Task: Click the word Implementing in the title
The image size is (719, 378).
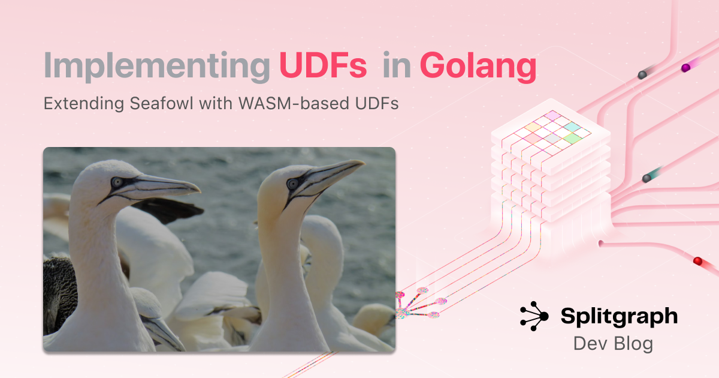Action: coord(156,67)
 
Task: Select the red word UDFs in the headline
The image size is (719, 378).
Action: coord(323,65)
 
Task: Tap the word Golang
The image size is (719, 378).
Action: coord(478,67)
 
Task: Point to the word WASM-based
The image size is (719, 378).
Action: coord(294,103)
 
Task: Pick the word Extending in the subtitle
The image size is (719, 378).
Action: coord(84,103)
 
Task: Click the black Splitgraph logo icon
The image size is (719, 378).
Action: coord(534,316)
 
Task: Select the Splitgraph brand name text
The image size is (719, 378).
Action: coord(619,317)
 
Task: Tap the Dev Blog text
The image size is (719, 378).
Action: coord(613,343)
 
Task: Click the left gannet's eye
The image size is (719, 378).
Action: coord(117,182)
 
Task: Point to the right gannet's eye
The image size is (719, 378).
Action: coord(292,184)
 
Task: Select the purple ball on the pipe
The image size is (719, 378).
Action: coord(685,68)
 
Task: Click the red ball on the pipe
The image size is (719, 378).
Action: coord(697,260)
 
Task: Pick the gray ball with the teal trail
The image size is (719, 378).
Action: coord(647,178)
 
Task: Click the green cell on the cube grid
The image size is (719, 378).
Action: coord(573,139)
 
